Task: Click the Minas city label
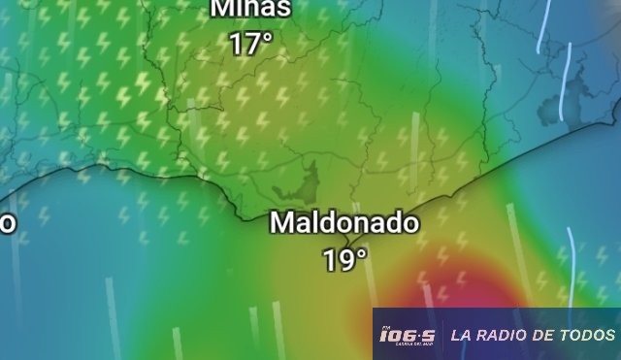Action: coord(250,9)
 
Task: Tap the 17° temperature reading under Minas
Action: coord(250,44)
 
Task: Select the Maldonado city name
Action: coord(344,222)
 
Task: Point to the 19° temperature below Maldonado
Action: coord(345,259)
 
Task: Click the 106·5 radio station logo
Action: coord(408,336)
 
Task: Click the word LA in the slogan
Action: coord(461,335)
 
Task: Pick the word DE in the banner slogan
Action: coord(548,335)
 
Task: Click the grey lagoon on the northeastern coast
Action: coord(576,98)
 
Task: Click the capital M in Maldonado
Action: coord(281,222)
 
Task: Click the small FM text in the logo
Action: coord(383,328)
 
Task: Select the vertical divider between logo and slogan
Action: coord(442,335)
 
